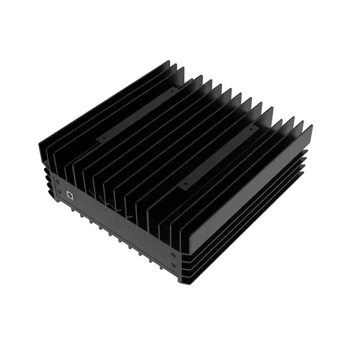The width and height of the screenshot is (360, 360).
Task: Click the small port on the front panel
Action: (70, 194)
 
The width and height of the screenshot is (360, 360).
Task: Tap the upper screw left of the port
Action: (57, 181)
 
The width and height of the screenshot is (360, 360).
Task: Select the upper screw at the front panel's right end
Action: (173, 255)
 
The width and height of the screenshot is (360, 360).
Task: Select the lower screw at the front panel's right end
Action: (173, 265)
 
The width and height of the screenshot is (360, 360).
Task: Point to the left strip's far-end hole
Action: (172, 90)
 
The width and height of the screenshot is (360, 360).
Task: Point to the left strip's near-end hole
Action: (101, 138)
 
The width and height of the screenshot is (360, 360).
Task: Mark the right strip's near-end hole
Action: (184, 184)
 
